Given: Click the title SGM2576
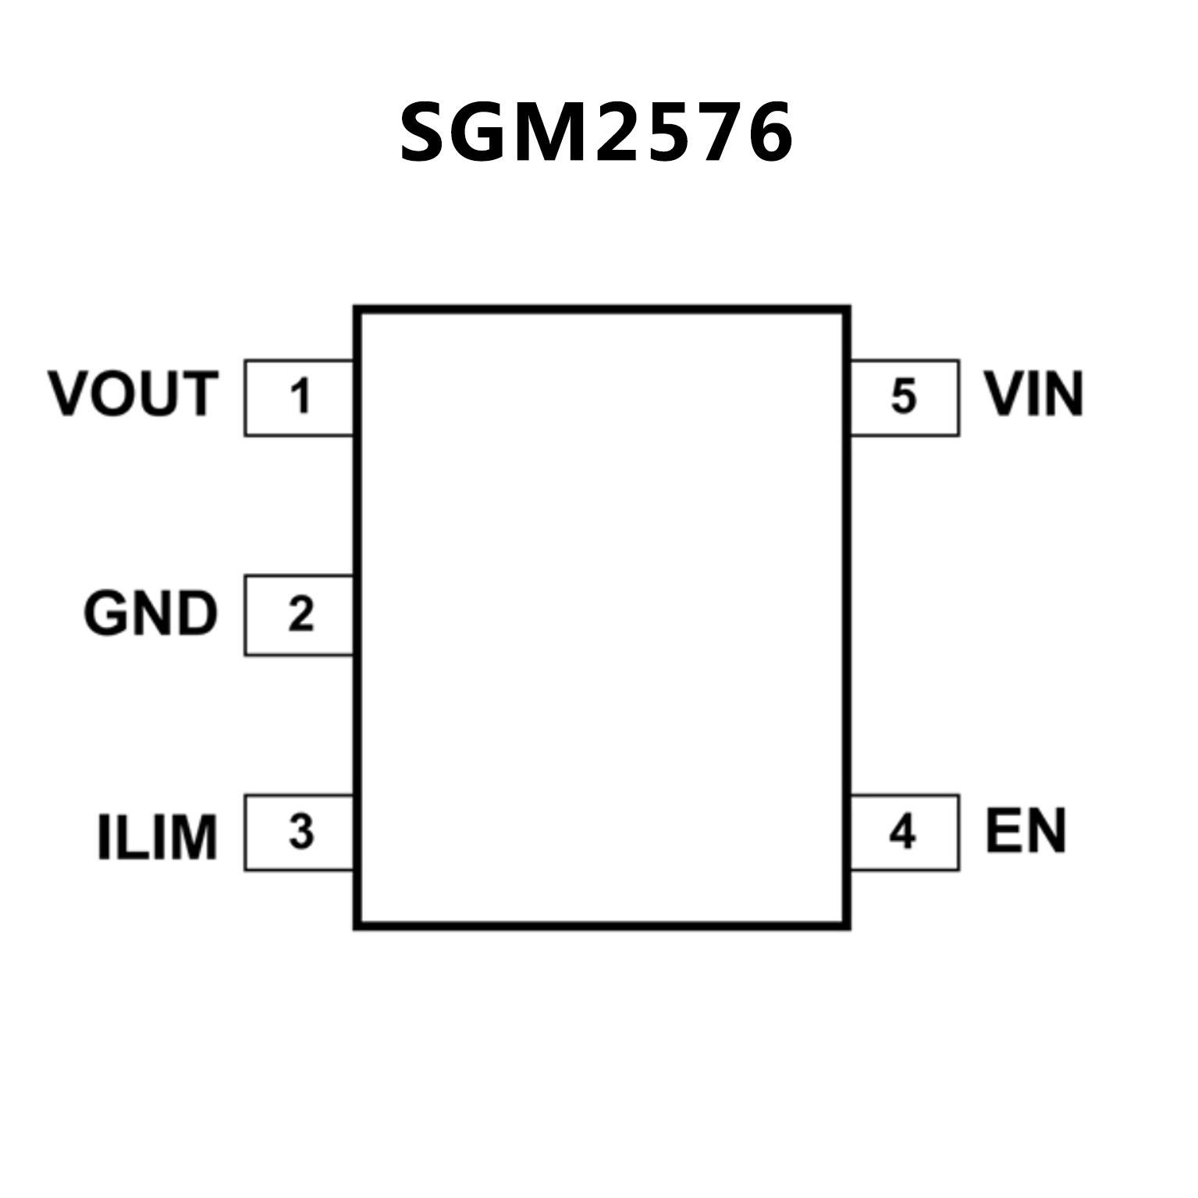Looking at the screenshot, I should coord(596,133).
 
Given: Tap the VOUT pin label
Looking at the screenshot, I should coord(133,394).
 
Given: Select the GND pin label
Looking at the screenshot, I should coord(150,613).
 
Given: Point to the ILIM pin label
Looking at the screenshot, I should coord(157,837).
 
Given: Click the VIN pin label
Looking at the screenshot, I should coord(1033,394).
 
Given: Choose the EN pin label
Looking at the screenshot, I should coord(1025,831).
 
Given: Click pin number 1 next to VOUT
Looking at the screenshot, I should coord(300,396).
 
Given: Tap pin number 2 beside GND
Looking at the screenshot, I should coord(300,614).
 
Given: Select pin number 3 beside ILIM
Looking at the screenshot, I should coord(300,832).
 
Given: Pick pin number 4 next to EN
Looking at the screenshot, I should coord(902,833).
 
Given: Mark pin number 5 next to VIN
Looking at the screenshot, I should coord(903,396).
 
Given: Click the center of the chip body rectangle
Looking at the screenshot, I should coord(602,617).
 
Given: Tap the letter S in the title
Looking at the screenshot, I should coord(428,133).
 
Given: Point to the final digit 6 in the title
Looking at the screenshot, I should coord(766,133).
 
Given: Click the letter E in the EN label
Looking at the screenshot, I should coord(1002,831).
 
